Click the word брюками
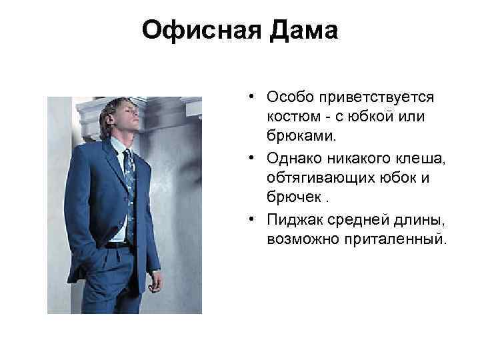tap(297, 137)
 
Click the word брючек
tap(290, 197)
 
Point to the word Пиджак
tap(290, 217)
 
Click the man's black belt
tap(117, 244)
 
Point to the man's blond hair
tap(115, 109)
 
